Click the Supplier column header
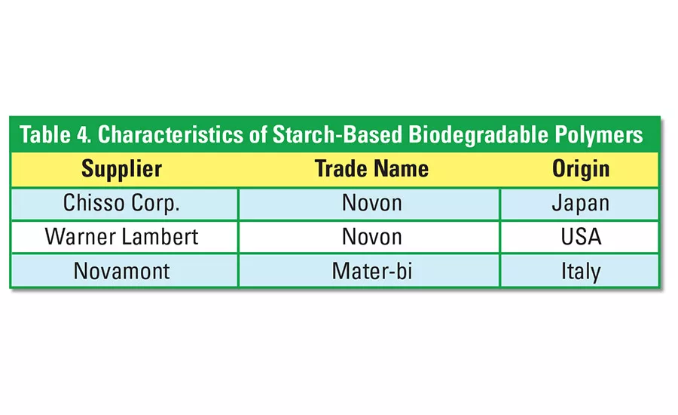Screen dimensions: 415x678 point(121,168)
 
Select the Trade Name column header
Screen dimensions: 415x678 point(371,168)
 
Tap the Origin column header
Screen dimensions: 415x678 point(581,168)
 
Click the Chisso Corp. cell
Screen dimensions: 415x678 point(121,203)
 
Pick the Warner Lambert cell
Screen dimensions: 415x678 point(121,236)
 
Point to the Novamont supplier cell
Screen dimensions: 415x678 point(121,270)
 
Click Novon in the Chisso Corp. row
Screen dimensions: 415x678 point(371,203)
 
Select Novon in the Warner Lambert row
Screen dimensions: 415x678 point(371,236)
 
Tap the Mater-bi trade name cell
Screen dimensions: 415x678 point(371,270)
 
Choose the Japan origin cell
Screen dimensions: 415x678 point(581,203)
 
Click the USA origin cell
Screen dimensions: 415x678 point(581,236)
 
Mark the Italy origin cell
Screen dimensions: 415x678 point(581,270)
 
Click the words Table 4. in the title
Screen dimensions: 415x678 point(54,135)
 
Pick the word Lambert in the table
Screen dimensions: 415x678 point(158,236)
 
